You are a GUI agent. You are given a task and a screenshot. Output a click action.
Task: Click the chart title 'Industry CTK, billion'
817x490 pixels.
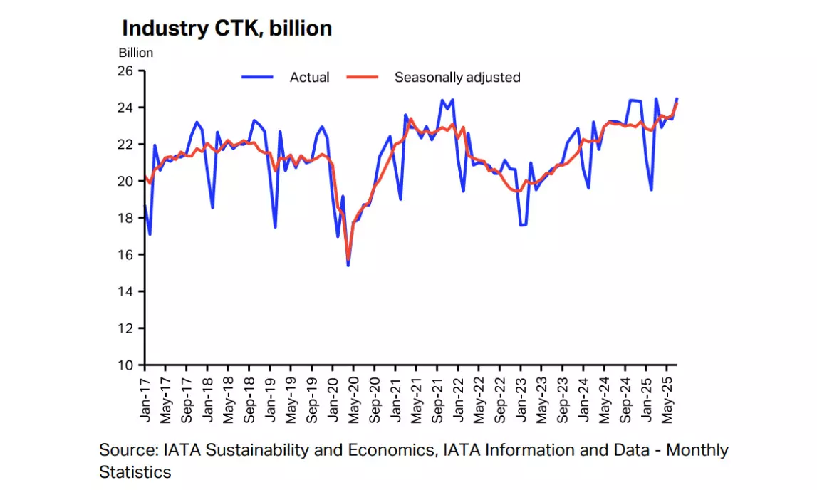point(227,28)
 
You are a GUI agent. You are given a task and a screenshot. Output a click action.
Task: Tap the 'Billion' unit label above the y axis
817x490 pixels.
point(135,52)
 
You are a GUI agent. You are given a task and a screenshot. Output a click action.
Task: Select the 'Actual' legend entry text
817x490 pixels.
point(309,78)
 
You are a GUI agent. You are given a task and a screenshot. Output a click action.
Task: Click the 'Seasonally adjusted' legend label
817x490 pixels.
point(457,78)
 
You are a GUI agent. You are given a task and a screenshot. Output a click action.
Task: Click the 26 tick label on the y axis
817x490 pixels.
point(125,71)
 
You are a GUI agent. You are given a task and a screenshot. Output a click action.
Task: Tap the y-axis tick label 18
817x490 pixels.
point(125,218)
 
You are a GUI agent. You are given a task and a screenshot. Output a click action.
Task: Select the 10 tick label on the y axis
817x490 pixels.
point(125,365)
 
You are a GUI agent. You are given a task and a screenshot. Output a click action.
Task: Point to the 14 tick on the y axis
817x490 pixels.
point(125,291)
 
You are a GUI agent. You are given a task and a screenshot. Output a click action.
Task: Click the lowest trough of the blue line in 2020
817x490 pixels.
point(348,266)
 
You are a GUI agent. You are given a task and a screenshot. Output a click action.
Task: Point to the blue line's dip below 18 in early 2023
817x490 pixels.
point(523,225)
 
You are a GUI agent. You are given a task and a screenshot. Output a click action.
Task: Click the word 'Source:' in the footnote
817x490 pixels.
point(128,450)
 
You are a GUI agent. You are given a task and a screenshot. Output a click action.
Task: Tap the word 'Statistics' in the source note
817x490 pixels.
point(135,471)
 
